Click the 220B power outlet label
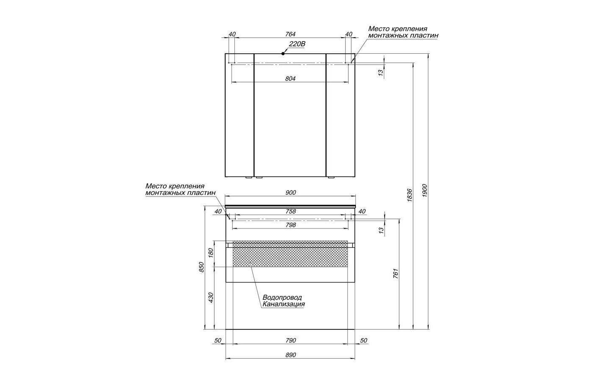pos(297,44)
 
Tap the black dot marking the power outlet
pos(283,54)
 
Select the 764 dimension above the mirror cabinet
pos(290,34)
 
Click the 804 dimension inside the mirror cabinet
pos(290,79)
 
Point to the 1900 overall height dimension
pos(424,190)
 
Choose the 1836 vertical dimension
pos(410,195)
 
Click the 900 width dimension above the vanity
pos(291,193)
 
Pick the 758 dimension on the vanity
pos(291,211)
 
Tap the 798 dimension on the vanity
pos(291,225)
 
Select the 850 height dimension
pos(201,267)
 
